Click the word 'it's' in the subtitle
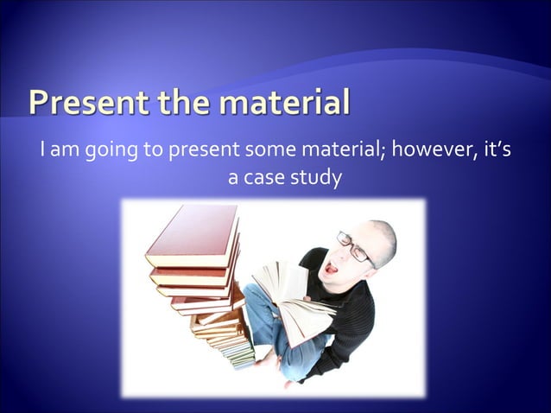point(494,151)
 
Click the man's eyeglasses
point(354,246)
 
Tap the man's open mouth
point(332,268)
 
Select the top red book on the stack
point(192,235)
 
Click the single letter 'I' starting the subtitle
point(43,151)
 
